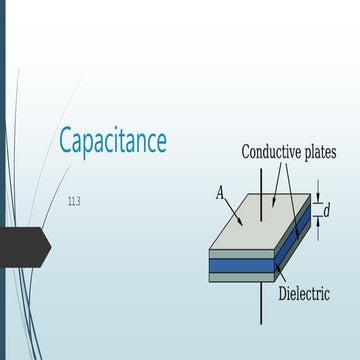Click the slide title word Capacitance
(x=112, y=140)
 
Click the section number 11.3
(x=74, y=203)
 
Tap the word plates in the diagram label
(x=319, y=153)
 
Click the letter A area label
(x=220, y=192)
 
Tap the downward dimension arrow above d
(x=317, y=191)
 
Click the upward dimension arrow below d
(x=317, y=226)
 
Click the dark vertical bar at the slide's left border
(x=3, y=180)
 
